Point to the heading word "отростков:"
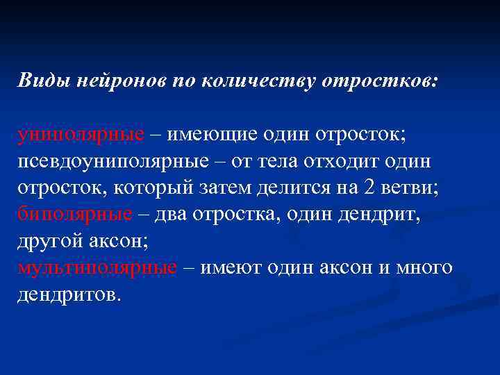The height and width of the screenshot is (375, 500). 379,81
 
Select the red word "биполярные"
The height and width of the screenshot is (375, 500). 75,214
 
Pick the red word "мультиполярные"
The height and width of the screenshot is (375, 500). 98,267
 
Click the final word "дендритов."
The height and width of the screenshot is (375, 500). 69,293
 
